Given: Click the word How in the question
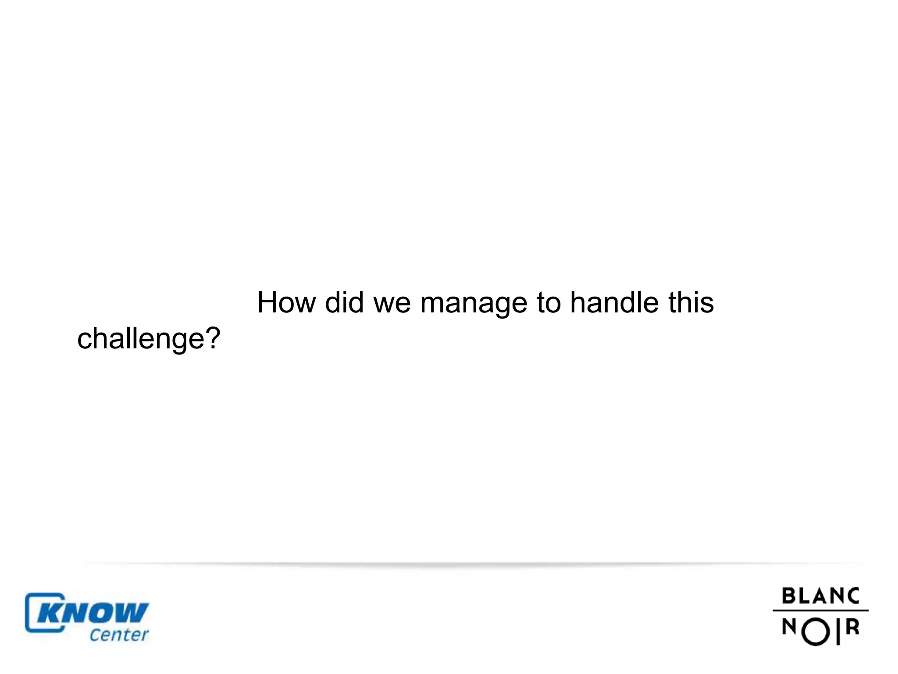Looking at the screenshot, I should [x=286, y=302].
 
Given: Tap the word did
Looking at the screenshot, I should [x=344, y=302].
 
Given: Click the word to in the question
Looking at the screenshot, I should [x=549, y=303].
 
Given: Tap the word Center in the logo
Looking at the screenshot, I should [x=119, y=635].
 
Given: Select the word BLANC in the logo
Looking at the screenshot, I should [x=820, y=596].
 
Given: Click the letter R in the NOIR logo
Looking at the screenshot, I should [x=852, y=627].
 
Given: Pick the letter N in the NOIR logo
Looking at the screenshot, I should [x=789, y=627].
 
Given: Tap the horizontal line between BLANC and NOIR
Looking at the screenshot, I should [x=820, y=610].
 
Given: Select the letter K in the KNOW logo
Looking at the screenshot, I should [x=49, y=613].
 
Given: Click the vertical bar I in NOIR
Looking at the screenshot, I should [x=838, y=631].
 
